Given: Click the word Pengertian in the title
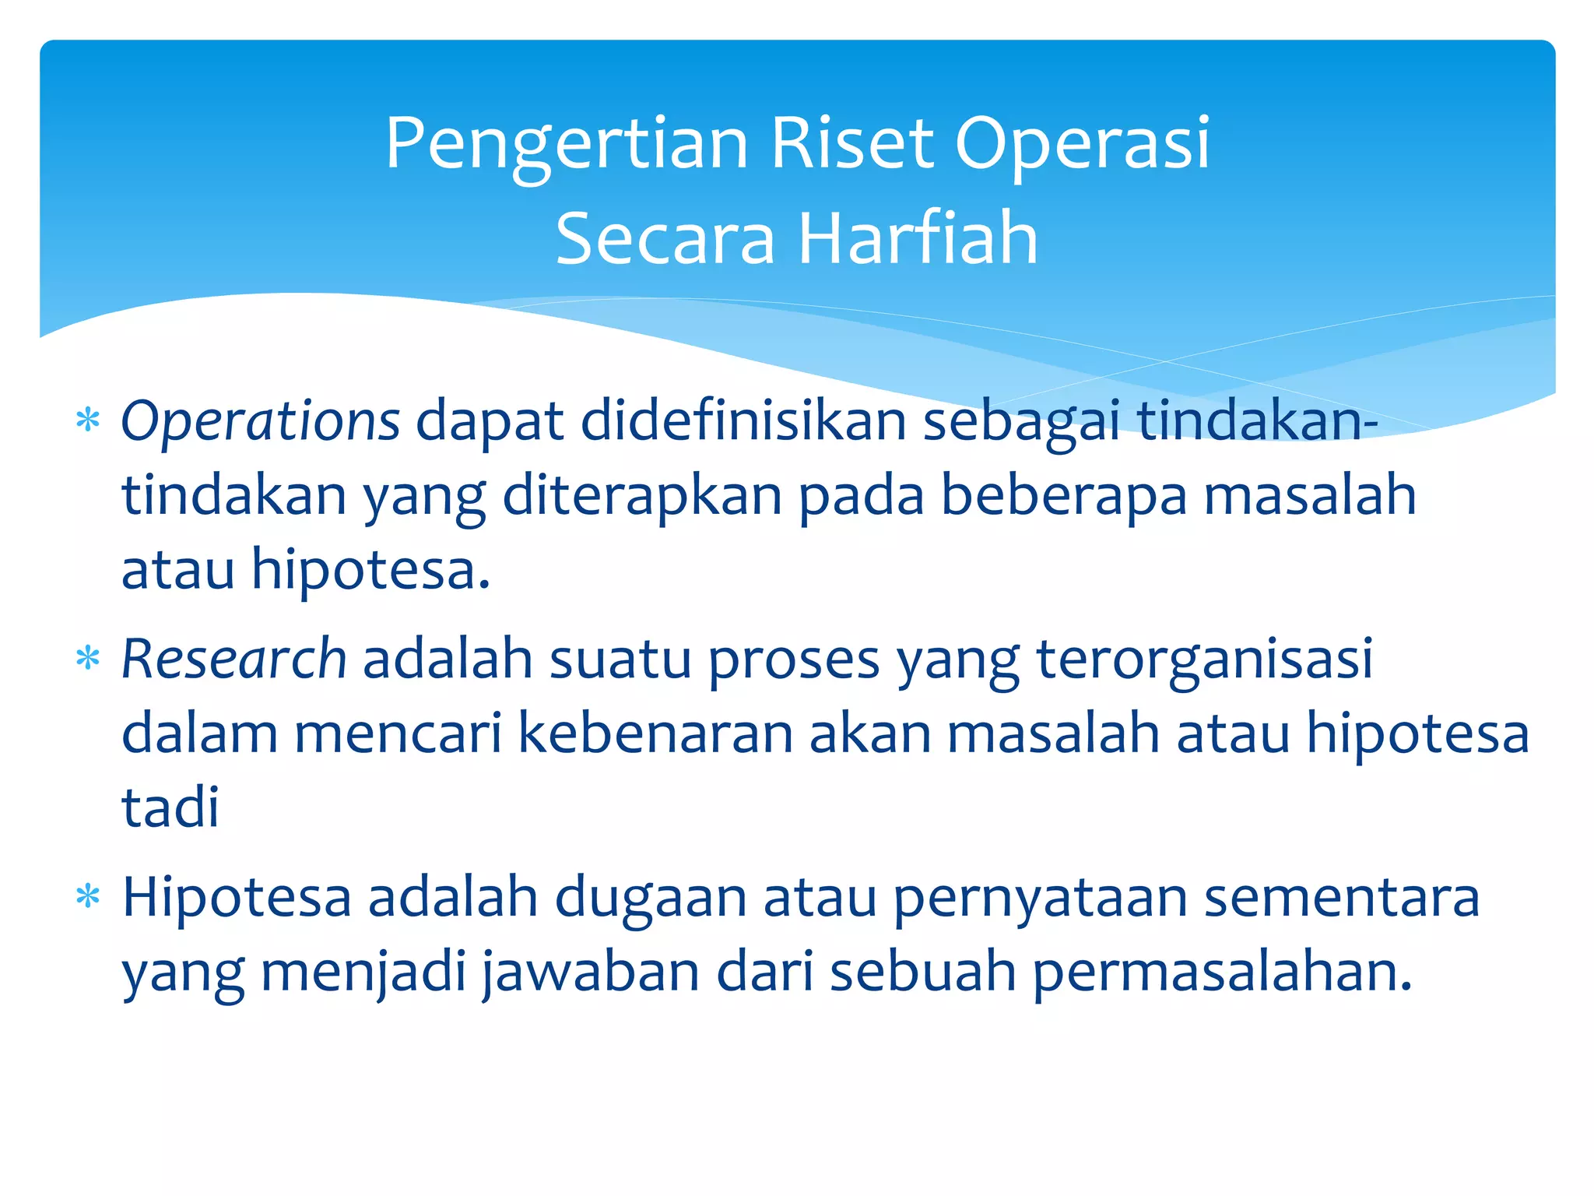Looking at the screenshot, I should click(x=567, y=144).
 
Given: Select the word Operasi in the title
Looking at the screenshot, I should click(x=1082, y=144).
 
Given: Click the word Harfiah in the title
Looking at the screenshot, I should click(x=918, y=238).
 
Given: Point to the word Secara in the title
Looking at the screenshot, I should click(x=665, y=240).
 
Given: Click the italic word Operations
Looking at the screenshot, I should click(x=260, y=421).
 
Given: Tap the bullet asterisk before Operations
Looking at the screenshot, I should click(x=88, y=421).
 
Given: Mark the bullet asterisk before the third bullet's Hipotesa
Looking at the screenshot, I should click(x=88, y=898).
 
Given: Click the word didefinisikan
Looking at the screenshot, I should click(x=743, y=421).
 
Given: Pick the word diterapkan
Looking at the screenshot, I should click(x=642, y=496).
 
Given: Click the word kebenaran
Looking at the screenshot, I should click(x=655, y=734).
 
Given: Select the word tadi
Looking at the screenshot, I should click(x=170, y=807).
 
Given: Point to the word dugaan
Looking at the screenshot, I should click(x=650, y=898).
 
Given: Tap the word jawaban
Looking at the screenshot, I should click(x=592, y=973).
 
